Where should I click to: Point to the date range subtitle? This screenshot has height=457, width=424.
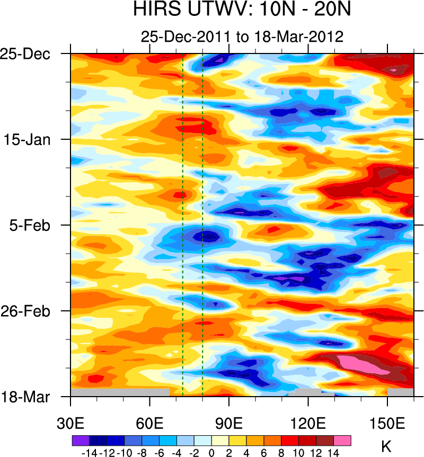tap(242, 37)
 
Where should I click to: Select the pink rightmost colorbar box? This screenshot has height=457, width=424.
tap(342, 440)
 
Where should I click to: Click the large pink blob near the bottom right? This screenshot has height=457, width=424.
tap(356, 365)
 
